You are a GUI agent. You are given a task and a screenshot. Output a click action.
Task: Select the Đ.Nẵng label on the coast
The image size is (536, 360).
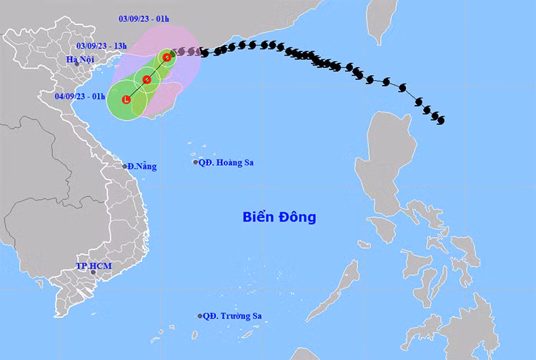pos(142,166)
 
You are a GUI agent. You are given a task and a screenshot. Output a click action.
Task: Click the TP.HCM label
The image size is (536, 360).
pos(94,266)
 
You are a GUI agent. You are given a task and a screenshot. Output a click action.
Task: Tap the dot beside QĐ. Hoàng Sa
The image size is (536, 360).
pos(196,162)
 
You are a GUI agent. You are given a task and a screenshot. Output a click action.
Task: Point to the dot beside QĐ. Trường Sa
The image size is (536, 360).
pos(199,316)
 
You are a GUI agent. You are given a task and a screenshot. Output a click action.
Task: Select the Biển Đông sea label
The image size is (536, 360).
pos(279,216)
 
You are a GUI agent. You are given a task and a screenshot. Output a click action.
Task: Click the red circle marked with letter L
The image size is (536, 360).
pos(126,99)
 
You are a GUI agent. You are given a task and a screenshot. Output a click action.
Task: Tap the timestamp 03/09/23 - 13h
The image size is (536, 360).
pos(101,46)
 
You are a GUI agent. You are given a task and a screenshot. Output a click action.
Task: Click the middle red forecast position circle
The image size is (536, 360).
pos(147,79)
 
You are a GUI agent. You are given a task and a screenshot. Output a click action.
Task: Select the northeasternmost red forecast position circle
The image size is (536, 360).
pos(167,56)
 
